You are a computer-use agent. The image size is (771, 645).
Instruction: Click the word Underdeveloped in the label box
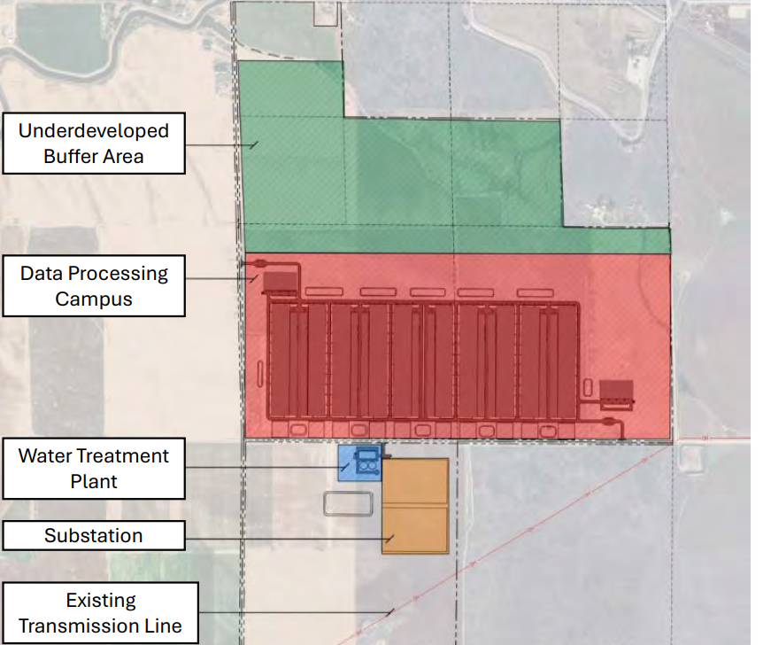pyautogui.click(x=94, y=131)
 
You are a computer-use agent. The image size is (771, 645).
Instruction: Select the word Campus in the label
pyautogui.click(x=94, y=299)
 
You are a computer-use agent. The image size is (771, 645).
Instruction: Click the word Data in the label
pyautogui.click(x=43, y=273)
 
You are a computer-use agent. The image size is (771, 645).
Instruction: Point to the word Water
pyautogui.click(x=49, y=456)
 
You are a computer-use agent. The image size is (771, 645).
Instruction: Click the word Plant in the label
pyautogui.click(x=94, y=482)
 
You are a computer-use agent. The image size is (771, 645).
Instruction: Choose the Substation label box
pyautogui.click(x=94, y=536)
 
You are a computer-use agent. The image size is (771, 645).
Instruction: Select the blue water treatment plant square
pyautogui.click(x=350, y=462)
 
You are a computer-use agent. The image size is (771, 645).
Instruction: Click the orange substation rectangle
pyautogui.click(x=415, y=506)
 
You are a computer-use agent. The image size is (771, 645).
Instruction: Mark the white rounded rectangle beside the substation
pyautogui.click(x=351, y=503)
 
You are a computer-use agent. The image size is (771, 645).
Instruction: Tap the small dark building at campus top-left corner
pyautogui.click(x=280, y=283)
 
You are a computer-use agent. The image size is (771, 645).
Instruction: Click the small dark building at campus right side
pyautogui.click(x=616, y=391)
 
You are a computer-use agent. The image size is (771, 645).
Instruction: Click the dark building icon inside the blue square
pyautogui.click(x=366, y=461)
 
